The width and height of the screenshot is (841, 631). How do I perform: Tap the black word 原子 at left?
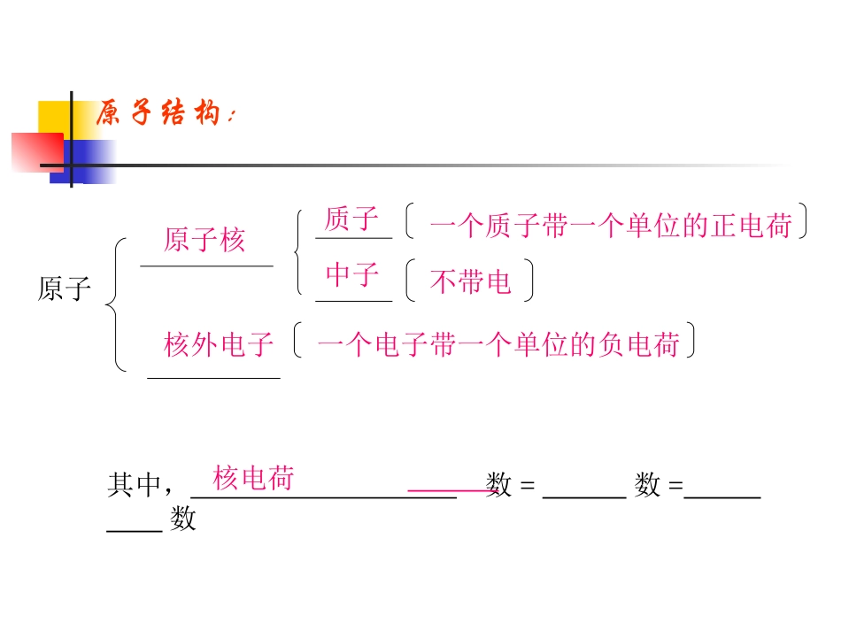65,289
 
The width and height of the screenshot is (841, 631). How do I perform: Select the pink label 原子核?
204,240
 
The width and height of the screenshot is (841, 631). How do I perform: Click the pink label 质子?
351,219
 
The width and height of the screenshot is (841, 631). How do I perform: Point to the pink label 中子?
352,275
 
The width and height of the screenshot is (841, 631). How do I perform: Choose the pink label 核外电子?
219,344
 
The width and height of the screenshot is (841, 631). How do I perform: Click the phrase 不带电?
470,281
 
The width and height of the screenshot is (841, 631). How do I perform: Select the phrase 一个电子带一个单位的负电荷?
498,344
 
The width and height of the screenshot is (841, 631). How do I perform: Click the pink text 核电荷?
253,479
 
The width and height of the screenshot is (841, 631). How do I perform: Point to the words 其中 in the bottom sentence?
134,485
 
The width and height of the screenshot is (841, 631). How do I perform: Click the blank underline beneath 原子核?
206,265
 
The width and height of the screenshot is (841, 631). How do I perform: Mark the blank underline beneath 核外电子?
213,378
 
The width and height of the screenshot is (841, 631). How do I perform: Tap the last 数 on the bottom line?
183,519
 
